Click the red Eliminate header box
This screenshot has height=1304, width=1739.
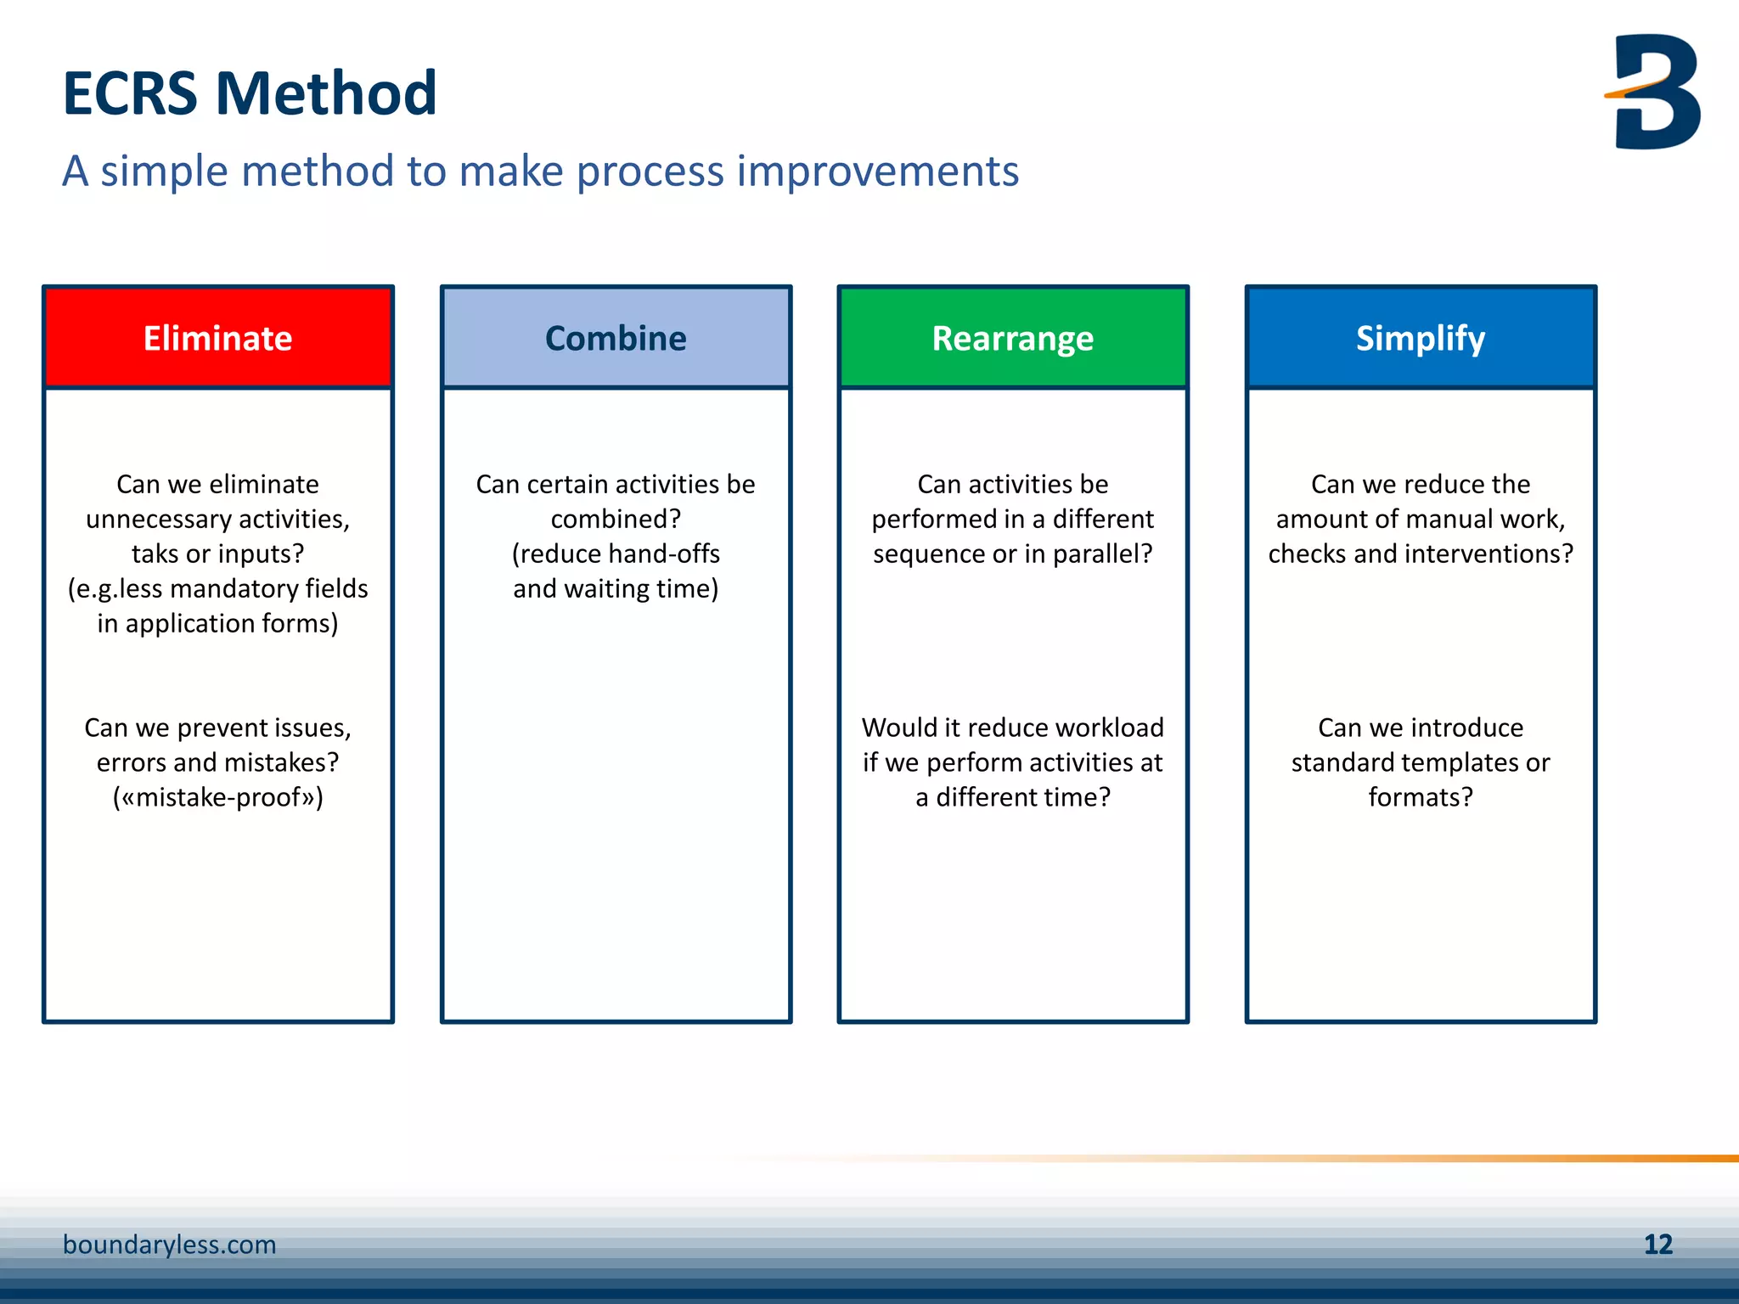218,338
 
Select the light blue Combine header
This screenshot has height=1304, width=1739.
616,338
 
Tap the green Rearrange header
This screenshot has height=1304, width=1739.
1012,338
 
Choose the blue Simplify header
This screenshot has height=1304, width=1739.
1420,338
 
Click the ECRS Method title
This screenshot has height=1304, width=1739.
250,93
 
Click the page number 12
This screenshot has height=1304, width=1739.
1657,1245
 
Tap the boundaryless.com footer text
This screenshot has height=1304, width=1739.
170,1245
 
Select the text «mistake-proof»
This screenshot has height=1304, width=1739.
218,797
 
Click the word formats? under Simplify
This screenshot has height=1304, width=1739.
1420,797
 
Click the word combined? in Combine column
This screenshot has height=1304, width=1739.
616,519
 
